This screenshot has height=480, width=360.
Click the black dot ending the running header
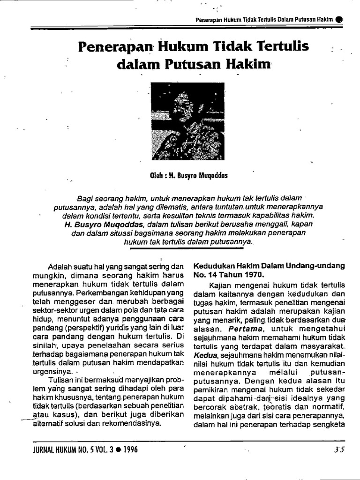coord(339,19)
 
